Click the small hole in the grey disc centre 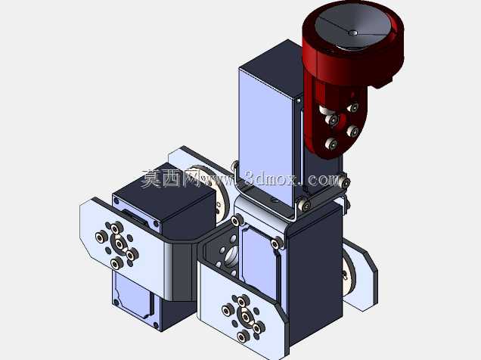[352, 33]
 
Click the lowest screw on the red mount [331, 143]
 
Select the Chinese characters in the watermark [171, 178]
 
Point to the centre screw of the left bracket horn [119, 244]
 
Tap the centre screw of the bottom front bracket [246, 317]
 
